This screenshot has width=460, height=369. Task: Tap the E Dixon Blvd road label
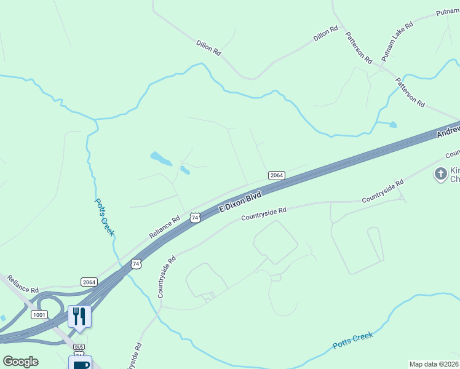[x=241, y=202]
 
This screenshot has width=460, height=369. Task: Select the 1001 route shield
[x=39, y=314]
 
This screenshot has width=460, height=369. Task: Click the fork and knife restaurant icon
[x=79, y=316]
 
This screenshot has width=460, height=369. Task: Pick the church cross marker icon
[x=440, y=174]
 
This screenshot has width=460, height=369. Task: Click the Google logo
[x=20, y=362]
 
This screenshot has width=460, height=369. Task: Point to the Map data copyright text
[x=434, y=364]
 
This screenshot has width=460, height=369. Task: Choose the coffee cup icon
[x=80, y=363]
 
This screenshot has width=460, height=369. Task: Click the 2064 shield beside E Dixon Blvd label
[x=276, y=175]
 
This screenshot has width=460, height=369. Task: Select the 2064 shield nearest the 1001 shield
[x=89, y=282]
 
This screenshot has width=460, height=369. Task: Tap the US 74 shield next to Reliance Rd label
[x=195, y=218]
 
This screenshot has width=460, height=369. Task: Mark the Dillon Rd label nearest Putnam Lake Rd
[x=326, y=33]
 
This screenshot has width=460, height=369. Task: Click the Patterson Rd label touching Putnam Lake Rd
[x=359, y=48]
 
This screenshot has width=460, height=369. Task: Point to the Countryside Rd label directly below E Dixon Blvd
[x=264, y=214]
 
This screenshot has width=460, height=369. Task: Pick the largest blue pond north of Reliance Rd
[x=161, y=159]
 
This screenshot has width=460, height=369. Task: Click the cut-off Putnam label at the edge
[x=447, y=12]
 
